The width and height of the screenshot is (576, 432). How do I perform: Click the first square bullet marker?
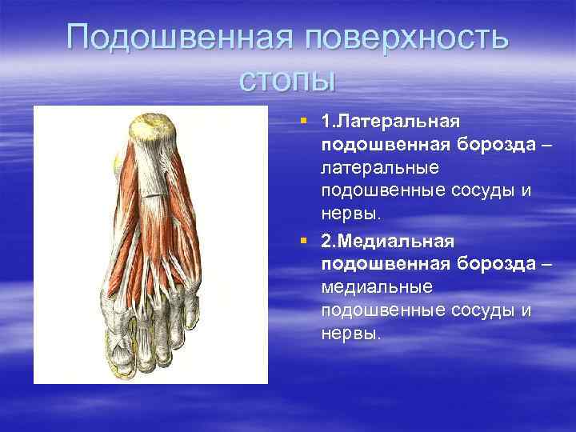303,121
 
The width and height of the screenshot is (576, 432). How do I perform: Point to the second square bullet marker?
303,240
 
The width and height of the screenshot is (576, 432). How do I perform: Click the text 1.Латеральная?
390,122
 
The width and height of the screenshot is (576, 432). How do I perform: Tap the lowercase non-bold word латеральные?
377,169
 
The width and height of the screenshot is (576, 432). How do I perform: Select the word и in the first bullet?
526,192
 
